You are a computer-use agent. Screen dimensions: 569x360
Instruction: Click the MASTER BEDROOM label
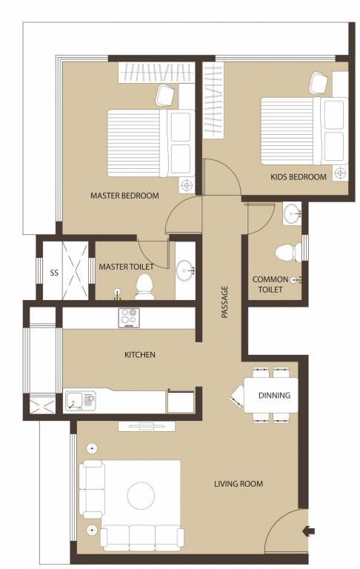(124, 196)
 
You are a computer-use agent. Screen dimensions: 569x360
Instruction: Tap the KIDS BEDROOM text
(299, 177)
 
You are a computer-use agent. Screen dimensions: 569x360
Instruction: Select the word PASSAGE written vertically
(224, 302)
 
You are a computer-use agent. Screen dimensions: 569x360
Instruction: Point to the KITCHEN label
(139, 355)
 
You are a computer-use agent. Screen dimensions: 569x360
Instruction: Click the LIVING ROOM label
(239, 485)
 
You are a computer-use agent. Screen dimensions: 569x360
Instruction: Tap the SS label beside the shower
(53, 273)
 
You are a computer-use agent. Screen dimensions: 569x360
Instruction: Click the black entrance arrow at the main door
(309, 530)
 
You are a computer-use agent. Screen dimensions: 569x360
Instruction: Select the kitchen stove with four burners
(129, 317)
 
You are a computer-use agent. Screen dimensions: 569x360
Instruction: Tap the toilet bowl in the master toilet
(147, 285)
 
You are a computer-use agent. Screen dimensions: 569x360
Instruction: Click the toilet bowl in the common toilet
(285, 253)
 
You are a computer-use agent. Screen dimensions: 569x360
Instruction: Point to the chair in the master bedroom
(166, 95)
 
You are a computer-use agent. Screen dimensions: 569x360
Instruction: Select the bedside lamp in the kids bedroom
(340, 173)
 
